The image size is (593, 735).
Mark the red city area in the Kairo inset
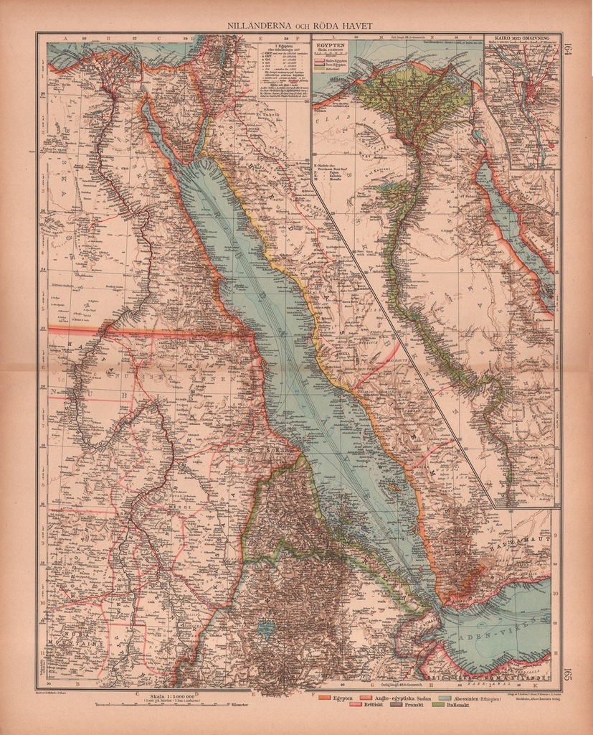pyautogui.click(x=532, y=90)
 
